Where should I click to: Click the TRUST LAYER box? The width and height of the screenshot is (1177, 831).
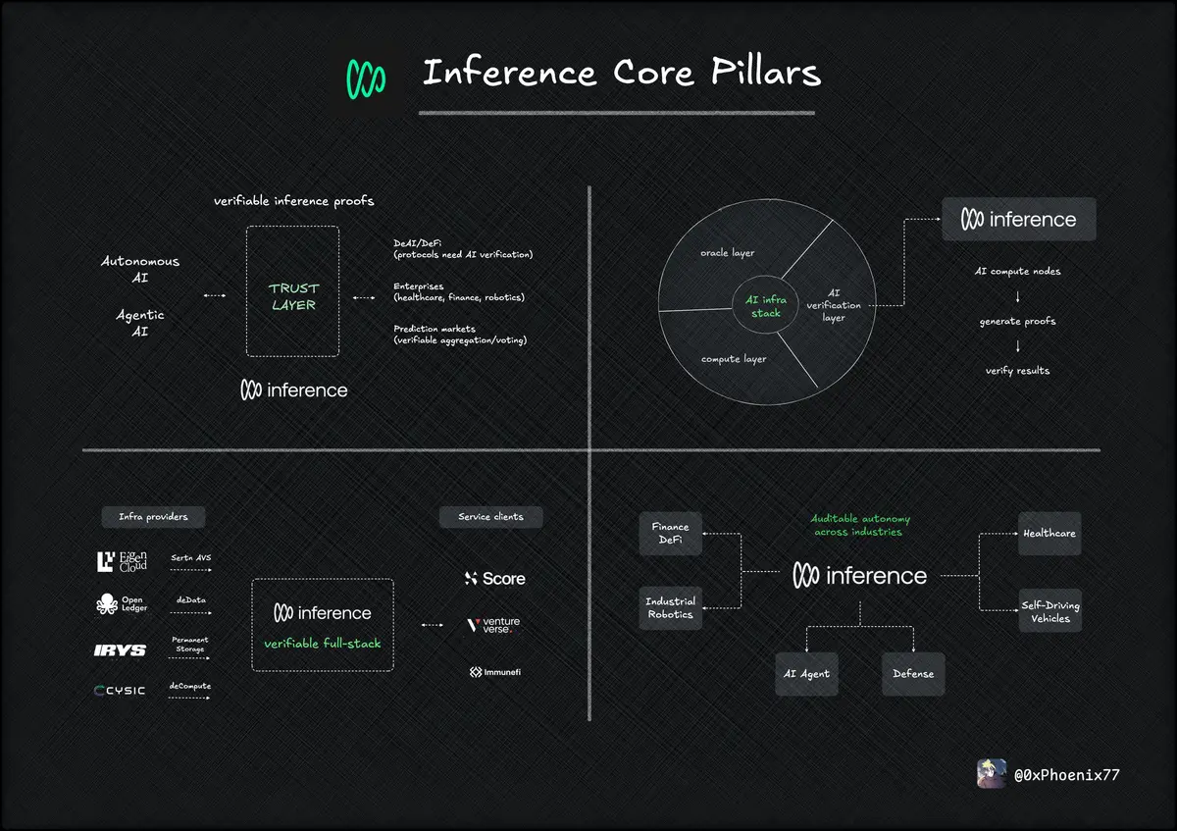(293, 291)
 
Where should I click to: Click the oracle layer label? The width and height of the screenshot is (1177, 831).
(728, 253)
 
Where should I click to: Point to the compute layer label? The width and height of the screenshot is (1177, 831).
(734, 359)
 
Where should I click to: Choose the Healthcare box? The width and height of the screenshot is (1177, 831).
(1049, 534)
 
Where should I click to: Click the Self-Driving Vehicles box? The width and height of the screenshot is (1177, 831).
(1050, 611)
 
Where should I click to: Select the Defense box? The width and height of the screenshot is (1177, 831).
(913, 674)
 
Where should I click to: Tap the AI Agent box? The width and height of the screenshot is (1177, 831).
(807, 674)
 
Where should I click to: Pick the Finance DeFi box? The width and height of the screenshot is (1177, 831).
(671, 534)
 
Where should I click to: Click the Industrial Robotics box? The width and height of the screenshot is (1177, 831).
(671, 608)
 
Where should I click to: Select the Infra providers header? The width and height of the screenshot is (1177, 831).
(153, 516)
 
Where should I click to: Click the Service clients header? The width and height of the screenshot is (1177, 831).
(490, 516)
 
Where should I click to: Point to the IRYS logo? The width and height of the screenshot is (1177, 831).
(120, 650)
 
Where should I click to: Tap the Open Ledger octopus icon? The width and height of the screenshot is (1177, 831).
(107, 604)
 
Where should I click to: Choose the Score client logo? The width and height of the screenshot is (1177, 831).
(495, 579)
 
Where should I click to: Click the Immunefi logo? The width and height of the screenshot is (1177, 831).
(494, 672)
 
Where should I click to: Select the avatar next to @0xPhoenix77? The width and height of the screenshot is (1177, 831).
(992, 774)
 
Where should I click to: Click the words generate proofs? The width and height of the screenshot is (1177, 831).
(1018, 321)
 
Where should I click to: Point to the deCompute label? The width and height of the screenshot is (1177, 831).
(190, 686)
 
